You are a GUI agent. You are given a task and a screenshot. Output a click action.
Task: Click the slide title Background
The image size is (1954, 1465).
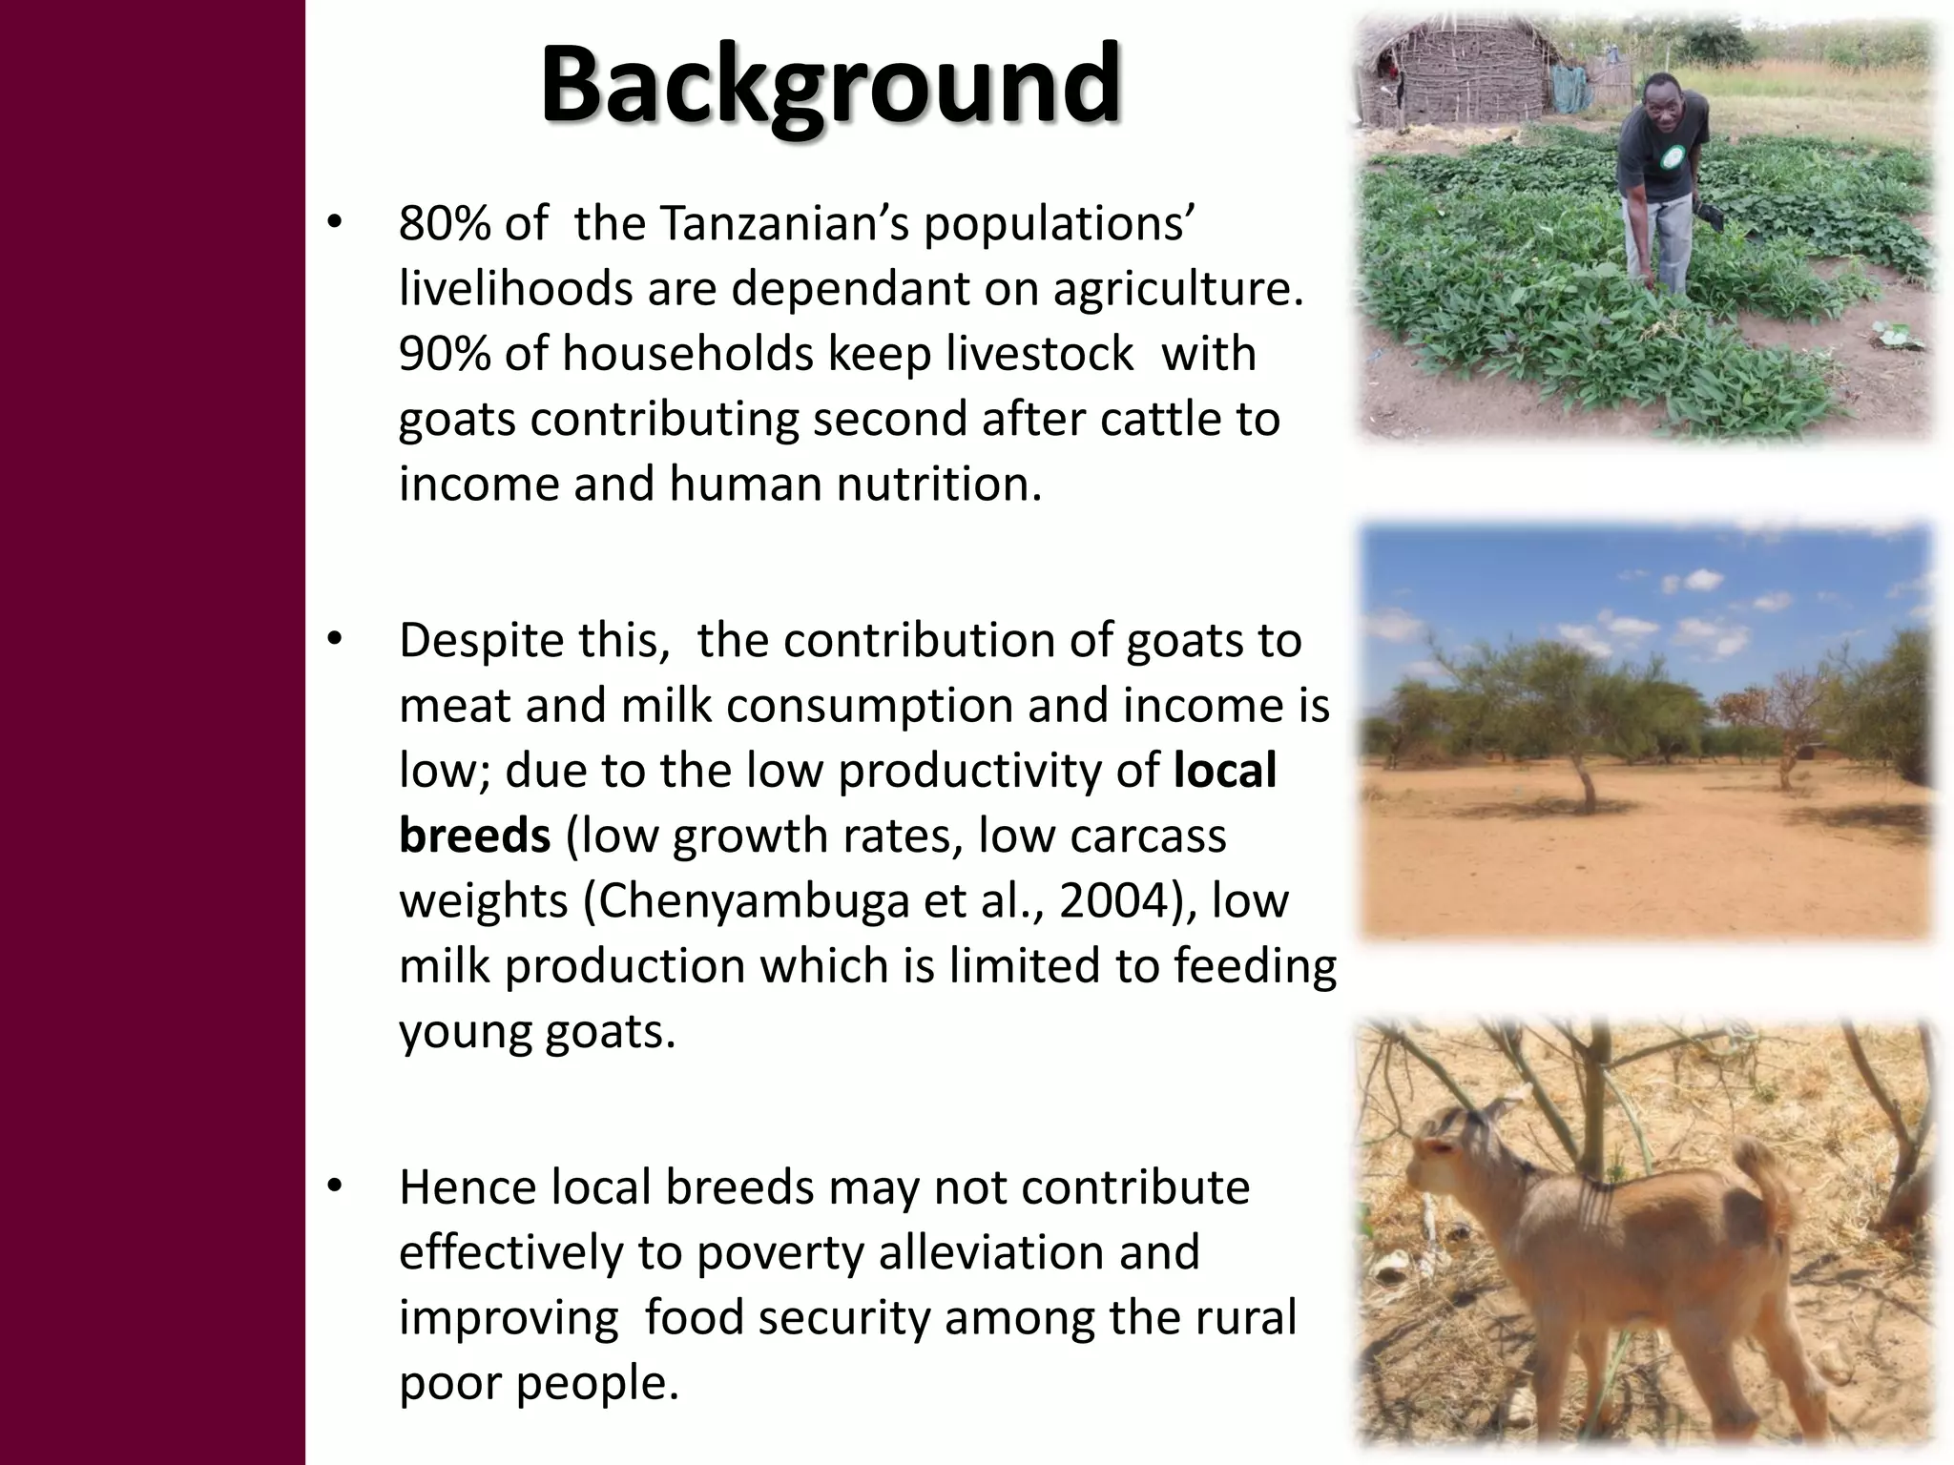coord(830,86)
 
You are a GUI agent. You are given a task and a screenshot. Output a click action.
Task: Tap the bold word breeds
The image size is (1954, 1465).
coord(474,836)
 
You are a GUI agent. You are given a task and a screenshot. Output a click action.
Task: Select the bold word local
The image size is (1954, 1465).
coord(1224,771)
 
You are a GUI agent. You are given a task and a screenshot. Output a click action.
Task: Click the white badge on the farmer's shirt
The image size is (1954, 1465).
coord(1669,157)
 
